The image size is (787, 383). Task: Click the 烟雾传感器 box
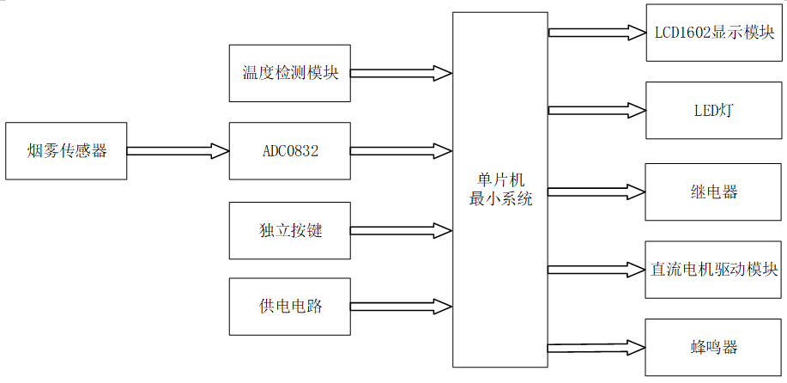[x=66, y=151]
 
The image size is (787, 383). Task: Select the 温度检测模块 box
[x=290, y=72]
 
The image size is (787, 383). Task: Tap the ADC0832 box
[x=290, y=151]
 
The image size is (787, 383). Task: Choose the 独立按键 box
[x=290, y=230]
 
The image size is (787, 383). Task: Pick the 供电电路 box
[x=290, y=307]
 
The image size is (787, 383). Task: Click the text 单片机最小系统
[x=500, y=190]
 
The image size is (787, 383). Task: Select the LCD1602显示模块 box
[x=714, y=33]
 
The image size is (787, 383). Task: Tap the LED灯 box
[x=714, y=111]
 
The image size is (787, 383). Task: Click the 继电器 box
[x=714, y=191]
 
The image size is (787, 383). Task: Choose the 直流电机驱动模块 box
[x=714, y=270]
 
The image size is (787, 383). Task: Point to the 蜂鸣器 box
[x=714, y=347]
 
